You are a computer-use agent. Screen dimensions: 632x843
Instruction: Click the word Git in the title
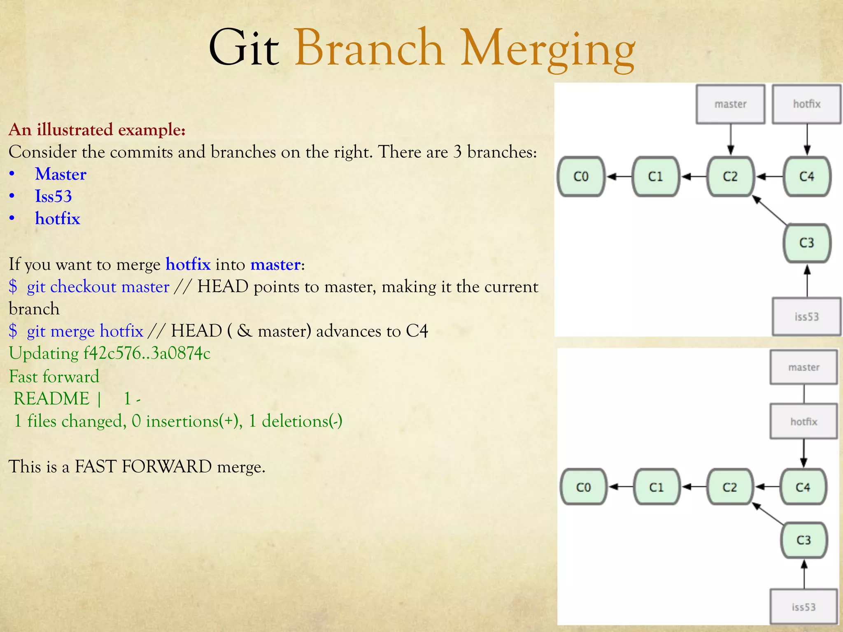pyautogui.click(x=244, y=49)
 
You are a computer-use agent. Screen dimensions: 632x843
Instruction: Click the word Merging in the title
pyautogui.click(x=547, y=49)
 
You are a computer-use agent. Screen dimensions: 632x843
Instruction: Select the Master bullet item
pyautogui.click(x=61, y=174)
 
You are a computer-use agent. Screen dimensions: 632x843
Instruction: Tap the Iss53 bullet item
pyautogui.click(x=53, y=196)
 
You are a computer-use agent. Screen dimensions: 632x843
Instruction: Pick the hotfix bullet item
pyautogui.click(x=57, y=218)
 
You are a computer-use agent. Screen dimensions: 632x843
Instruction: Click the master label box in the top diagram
pyautogui.click(x=730, y=104)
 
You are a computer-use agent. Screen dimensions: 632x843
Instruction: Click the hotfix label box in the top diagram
pyautogui.click(x=806, y=104)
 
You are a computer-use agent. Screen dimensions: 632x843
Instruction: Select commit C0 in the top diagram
pyautogui.click(x=581, y=177)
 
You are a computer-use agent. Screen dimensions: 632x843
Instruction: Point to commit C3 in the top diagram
pyautogui.click(x=806, y=243)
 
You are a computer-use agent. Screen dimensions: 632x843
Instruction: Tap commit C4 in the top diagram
pyautogui.click(x=806, y=177)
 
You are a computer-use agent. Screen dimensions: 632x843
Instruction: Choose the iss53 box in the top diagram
pyautogui.click(x=806, y=316)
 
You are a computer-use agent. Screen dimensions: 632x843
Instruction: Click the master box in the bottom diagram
pyautogui.click(x=803, y=367)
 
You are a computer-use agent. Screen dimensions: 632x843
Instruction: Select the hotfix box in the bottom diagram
pyautogui.click(x=803, y=421)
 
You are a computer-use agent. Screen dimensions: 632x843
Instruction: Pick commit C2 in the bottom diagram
pyautogui.click(x=729, y=487)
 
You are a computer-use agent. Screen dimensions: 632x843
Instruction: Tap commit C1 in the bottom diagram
pyautogui.click(x=656, y=487)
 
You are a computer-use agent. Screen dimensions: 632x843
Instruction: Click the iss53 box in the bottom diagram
pyautogui.click(x=803, y=607)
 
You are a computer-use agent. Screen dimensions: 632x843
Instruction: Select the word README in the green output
pyautogui.click(x=51, y=399)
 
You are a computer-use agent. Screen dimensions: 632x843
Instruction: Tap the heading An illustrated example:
pyautogui.click(x=97, y=130)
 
